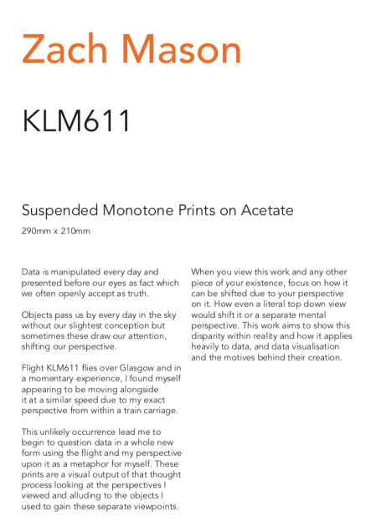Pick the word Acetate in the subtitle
pyautogui.click(x=265, y=210)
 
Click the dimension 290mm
pyautogui.click(x=35, y=230)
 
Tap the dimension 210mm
pyautogui.click(x=75, y=230)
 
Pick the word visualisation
pyautogui.click(x=311, y=347)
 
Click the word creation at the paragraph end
pyautogui.click(x=322, y=358)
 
